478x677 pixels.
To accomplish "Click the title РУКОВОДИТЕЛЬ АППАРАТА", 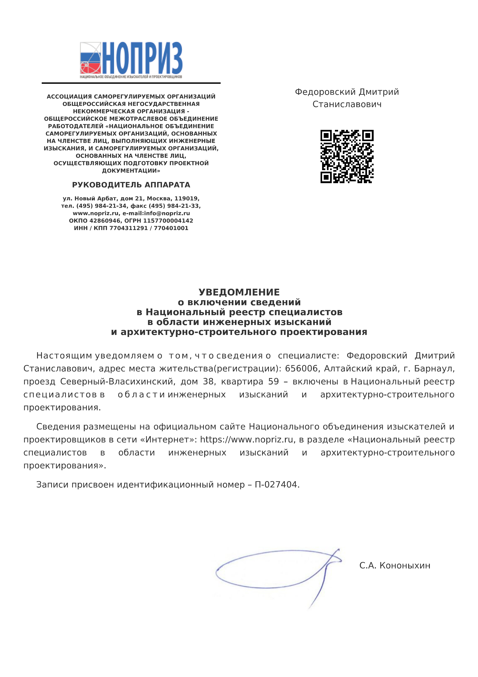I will tap(131, 185).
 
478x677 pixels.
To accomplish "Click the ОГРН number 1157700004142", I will tap(168, 221).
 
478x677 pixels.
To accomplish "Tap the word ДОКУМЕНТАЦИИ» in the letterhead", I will tap(131, 171).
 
